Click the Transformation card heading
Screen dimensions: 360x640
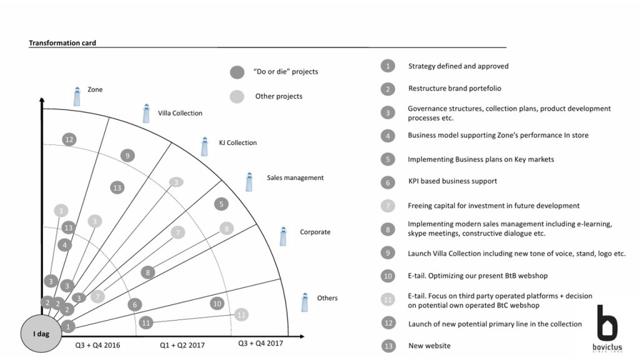click(x=62, y=43)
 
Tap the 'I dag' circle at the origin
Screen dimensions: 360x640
click(x=41, y=334)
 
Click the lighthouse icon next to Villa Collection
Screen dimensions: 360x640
click(x=146, y=113)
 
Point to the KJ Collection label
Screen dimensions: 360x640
click(x=237, y=142)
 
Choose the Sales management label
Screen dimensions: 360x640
click(x=295, y=177)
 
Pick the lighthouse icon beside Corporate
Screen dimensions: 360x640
click(x=283, y=236)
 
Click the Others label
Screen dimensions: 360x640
click(x=327, y=298)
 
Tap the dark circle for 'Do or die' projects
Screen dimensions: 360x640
click(x=237, y=72)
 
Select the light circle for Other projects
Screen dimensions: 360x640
click(x=237, y=96)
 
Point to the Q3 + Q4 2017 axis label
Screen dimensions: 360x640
click(x=261, y=343)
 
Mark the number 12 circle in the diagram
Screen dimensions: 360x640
click(x=69, y=139)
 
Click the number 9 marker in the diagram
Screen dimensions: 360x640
click(x=127, y=156)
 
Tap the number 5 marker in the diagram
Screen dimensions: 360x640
click(x=221, y=204)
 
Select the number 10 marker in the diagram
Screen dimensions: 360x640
click(x=217, y=304)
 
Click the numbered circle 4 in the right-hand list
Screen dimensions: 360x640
click(x=388, y=136)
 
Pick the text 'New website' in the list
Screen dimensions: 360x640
click(x=429, y=346)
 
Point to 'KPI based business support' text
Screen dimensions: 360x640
click(x=452, y=181)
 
